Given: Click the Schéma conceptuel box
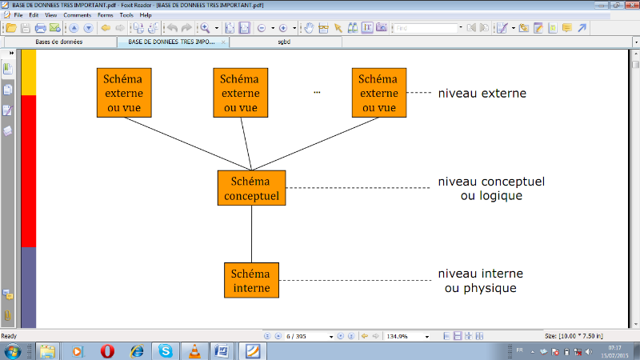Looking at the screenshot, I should point(251,189).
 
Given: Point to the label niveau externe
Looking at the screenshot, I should point(482,94).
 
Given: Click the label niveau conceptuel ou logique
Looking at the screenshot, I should point(491,189).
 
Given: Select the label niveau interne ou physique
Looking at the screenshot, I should point(480,281).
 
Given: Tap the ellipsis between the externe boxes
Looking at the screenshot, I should point(317,93).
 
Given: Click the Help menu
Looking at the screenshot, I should point(146,15).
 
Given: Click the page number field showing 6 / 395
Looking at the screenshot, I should point(306,337).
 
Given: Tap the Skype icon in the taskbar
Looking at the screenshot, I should point(165,350).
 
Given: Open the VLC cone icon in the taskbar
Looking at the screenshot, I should point(193,350).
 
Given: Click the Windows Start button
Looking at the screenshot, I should point(14,350).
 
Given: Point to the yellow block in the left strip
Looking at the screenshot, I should point(28,72).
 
